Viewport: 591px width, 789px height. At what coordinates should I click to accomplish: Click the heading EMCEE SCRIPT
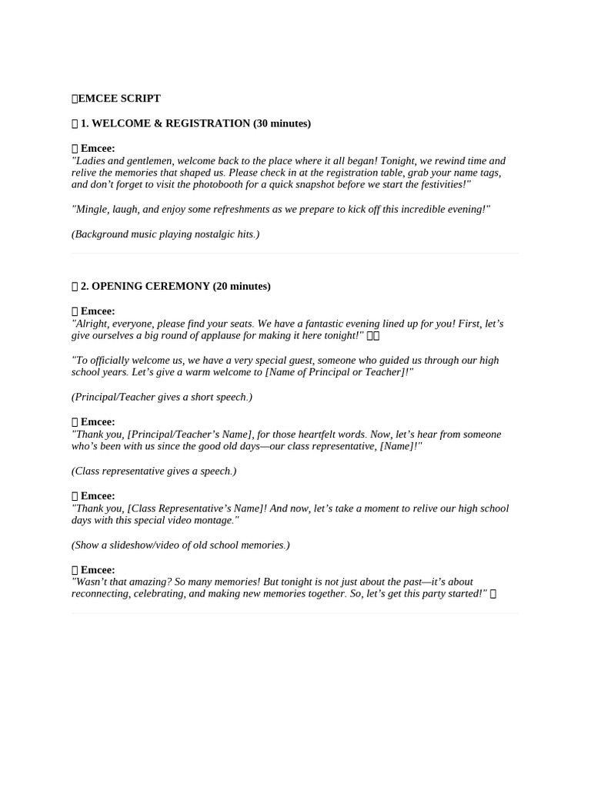click(119, 99)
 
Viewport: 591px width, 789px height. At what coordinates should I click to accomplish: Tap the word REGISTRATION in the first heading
click(207, 123)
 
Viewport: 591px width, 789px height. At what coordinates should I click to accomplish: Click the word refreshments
click(264, 209)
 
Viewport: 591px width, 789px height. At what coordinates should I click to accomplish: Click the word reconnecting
click(101, 594)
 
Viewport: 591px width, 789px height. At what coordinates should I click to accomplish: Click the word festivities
click(440, 184)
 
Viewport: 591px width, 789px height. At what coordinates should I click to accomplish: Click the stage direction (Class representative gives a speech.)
click(154, 471)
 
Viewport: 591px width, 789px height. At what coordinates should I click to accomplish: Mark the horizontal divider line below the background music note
click(295, 253)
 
